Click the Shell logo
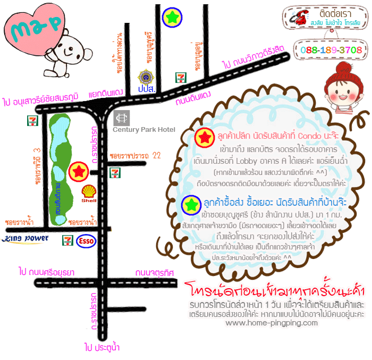(89, 194)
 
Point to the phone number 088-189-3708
(331, 50)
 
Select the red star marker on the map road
(79, 171)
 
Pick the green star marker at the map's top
(172, 18)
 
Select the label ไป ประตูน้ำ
(102, 348)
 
